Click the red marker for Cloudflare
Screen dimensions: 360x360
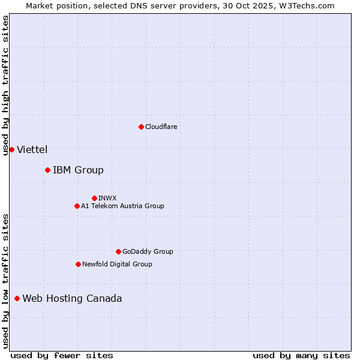click(x=141, y=127)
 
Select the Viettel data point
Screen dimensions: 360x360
click(x=11, y=149)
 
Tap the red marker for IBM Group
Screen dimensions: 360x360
click(x=47, y=170)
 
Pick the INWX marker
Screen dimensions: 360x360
click(x=94, y=198)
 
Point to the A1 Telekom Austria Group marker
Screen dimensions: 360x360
click(x=77, y=206)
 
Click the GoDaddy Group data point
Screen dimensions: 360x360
click(x=118, y=251)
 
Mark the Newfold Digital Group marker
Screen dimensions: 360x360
click(x=78, y=264)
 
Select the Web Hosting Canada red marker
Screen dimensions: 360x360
click(x=17, y=298)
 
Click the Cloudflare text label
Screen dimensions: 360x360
click(x=161, y=127)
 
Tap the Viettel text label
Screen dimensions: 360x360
click(x=32, y=149)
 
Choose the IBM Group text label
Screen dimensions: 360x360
click(x=78, y=170)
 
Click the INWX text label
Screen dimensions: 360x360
click(x=108, y=198)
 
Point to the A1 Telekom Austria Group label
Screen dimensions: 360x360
click(x=122, y=206)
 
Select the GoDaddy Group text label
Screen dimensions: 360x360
click(x=148, y=251)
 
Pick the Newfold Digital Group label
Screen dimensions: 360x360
click(x=117, y=264)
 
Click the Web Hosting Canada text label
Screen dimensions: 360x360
click(x=72, y=298)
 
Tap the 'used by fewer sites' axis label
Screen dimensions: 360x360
click(x=62, y=355)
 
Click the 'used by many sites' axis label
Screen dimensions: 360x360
click(x=301, y=355)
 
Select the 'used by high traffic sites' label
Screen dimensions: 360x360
click(x=5, y=85)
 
